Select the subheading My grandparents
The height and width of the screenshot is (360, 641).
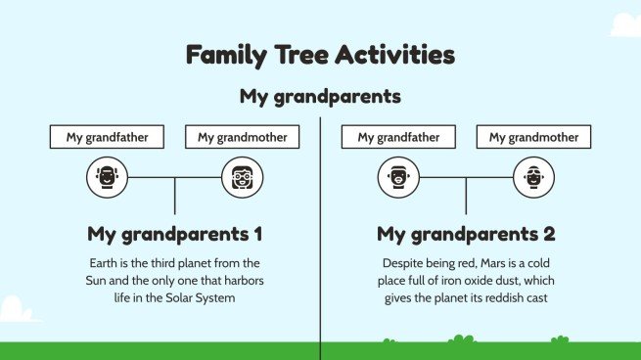(x=320, y=98)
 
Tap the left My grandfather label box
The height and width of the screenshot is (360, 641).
(x=108, y=137)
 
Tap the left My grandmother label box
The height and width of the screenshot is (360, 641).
(x=242, y=137)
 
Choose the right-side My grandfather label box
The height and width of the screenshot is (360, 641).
(x=398, y=137)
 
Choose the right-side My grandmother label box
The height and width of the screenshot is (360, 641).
(x=533, y=137)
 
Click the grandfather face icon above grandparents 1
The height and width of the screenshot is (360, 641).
(x=107, y=178)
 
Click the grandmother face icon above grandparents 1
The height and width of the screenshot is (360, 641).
(x=242, y=178)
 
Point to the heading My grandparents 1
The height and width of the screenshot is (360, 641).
(x=175, y=235)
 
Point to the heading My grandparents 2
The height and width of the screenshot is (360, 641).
(x=466, y=235)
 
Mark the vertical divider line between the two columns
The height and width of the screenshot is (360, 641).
(x=321, y=245)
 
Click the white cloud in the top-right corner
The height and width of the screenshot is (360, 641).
(x=622, y=22)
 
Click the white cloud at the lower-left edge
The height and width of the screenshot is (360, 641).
(x=18, y=311)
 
